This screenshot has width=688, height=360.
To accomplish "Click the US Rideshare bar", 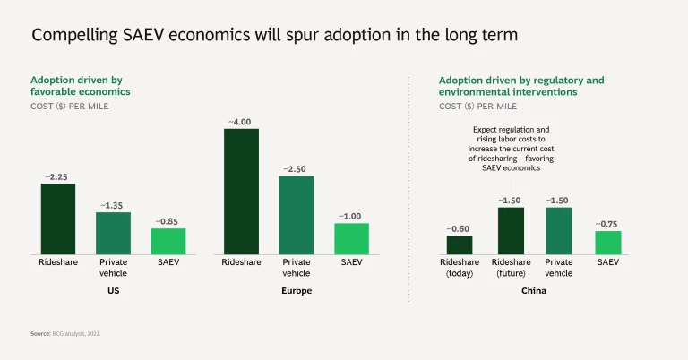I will click(x=58, y=219).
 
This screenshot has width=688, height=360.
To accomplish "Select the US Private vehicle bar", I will click(x=114, y=233).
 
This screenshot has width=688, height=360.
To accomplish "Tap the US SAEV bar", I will click(x=168, y=241).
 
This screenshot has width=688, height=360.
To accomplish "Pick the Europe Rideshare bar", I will click(x=241, y=191).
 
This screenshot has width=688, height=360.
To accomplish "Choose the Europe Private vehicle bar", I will click(x=297, y=215).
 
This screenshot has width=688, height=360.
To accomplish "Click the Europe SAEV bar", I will click(x=351, y=238).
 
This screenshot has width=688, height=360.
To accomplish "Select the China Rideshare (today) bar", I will click(x=460, y=244).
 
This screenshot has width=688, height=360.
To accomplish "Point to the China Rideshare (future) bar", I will click(x=511, y=230).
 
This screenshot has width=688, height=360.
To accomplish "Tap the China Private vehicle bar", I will click(x=559, y=230).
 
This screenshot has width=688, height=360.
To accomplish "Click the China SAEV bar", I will click(x=608, y=242).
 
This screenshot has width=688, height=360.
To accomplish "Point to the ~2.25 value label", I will click(x=58, y=176).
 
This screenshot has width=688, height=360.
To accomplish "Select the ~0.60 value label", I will click(x=460, y=228).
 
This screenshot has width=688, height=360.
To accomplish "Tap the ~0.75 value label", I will click(x=608, y=224).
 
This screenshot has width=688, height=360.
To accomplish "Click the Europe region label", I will click(x=297, y=291).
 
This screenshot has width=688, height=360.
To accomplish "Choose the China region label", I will click(x=534, y=291).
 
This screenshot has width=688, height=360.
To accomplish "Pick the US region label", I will click(x=114, y=291).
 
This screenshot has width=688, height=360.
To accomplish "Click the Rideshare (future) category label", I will click(x=511, y=268).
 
